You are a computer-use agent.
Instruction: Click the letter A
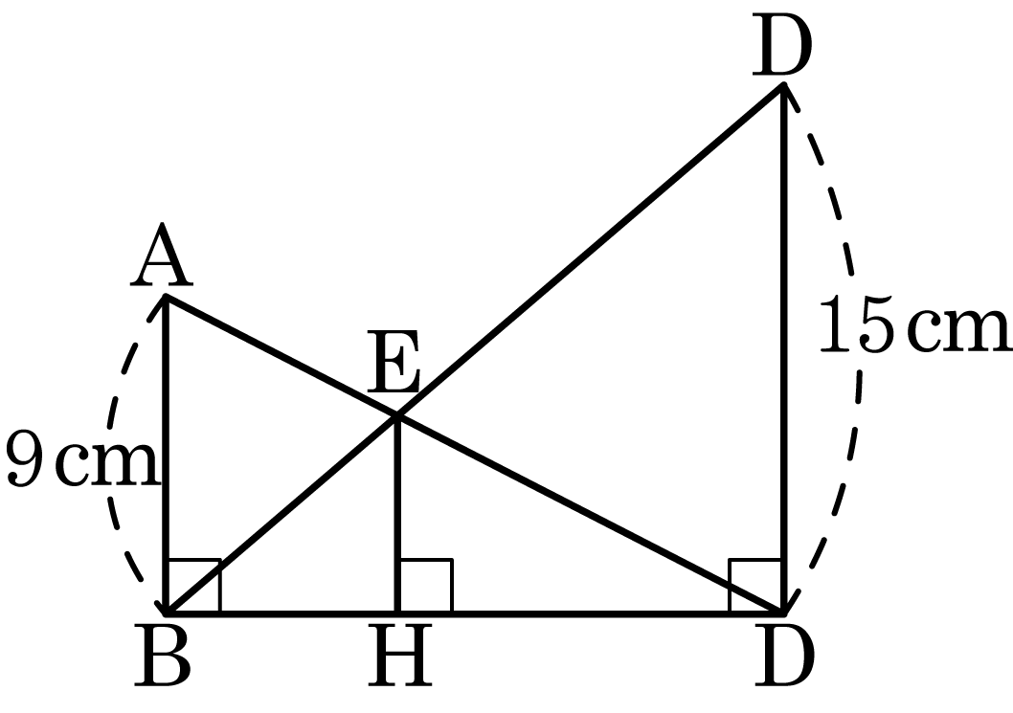click(x=162, y=256)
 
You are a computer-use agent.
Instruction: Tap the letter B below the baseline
click(x=162, y=656)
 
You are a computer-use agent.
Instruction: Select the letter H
click(x=400, y=656)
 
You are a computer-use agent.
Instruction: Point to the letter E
click(x=394, y=361)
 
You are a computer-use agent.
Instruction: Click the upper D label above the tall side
click(x=781, y=47)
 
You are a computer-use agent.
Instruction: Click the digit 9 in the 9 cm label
click(x=25, y=457)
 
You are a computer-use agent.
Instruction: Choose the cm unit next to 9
click(x=107, y=464)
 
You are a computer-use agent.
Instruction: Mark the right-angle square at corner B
click(x=193, y=585)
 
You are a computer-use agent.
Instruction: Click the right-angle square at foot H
click(x=425, y=585)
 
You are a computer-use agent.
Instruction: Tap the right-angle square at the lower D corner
click(x=755, y=585)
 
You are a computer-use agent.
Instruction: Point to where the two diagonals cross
click(x=397, y=416)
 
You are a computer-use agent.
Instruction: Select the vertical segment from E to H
click(x=397, y=514)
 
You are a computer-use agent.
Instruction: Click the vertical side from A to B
click(x=167, y=454)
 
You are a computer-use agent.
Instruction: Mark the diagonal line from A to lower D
click(x=474, y=454)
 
